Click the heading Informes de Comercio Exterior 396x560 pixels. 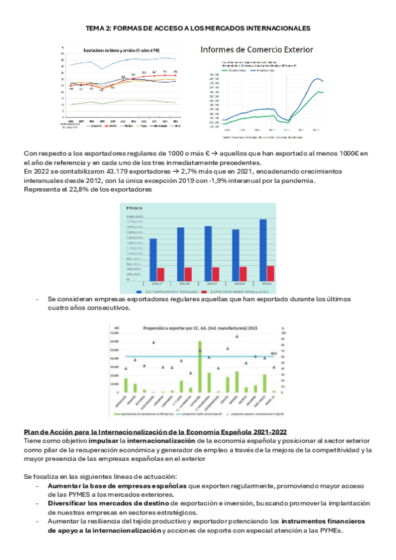click(x=257, y=50)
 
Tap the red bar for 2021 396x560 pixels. click(x=270, y=273)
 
